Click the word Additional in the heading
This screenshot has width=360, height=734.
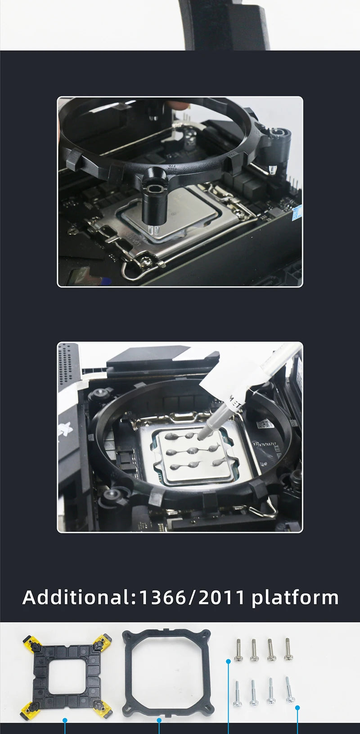click(76, 597)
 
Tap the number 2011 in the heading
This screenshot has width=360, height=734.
click(221, 597)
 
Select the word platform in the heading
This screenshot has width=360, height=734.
click(295, 598)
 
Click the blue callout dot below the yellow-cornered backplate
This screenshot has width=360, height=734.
click(65, 720)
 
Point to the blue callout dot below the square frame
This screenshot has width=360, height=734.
click(159, 720)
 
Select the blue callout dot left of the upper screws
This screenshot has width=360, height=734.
click(229, 661)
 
